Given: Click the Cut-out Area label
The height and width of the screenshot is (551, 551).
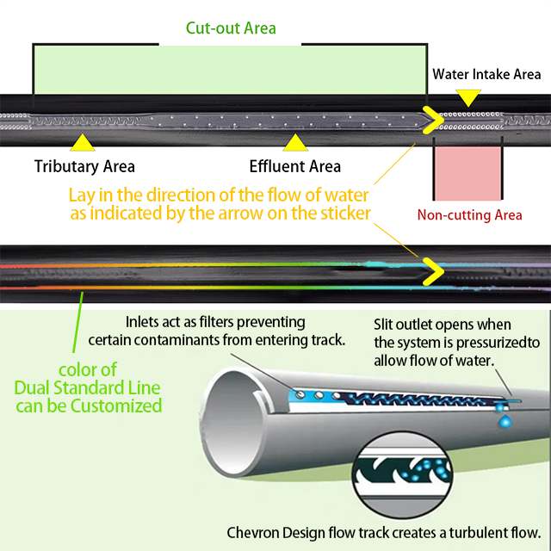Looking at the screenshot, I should click(231, 28).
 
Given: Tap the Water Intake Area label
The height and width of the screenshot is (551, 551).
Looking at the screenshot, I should click(486, 75).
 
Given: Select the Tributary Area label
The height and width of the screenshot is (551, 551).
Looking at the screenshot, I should click(84, 166).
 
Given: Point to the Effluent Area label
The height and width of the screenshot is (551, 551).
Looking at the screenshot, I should click(294, 166).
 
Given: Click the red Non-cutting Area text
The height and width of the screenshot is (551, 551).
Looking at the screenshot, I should click(469, 215).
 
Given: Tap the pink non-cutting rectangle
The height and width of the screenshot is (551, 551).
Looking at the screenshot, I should click(467, 172).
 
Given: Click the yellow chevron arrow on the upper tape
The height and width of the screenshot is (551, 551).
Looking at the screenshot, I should click(428, 120).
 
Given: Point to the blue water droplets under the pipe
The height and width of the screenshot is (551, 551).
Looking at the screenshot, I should click(505, 418).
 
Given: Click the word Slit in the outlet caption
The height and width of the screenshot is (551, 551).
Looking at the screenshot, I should click(386, 325).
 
